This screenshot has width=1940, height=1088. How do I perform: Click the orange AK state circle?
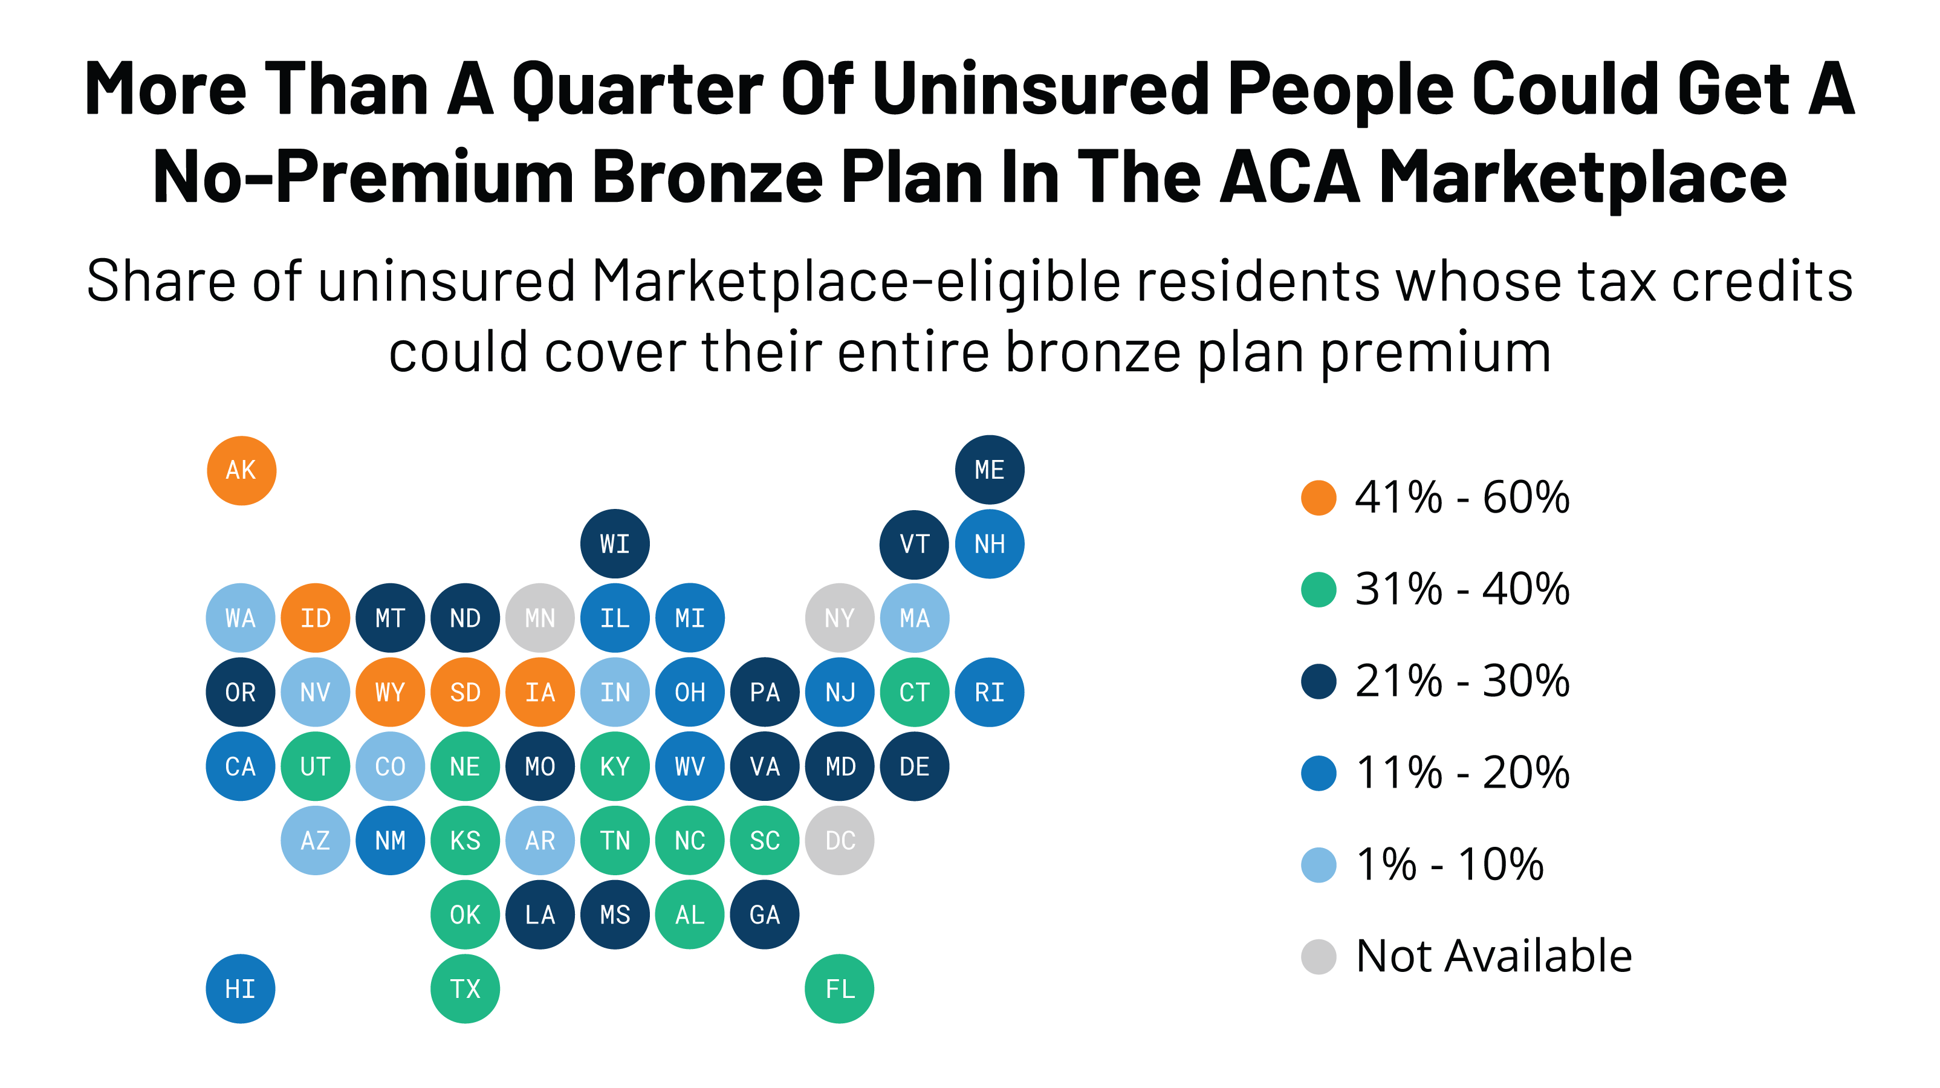pyautogui.click(x=241, y=471)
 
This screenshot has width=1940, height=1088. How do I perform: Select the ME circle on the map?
pyautogui.click(x=989, y=470)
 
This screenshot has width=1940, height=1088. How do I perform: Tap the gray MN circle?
pyautogui.click(x=540, y=618)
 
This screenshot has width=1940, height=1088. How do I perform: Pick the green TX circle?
pyautogui.click(x=465, y=989)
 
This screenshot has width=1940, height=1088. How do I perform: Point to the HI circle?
pyautogui.click(x=240, y=989)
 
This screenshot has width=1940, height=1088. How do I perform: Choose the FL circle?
pyautogui.click(x=839, y=989)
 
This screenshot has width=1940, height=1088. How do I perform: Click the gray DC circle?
pyautogui.click(x=839, y=840)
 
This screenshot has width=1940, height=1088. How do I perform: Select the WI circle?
pyautogui.click(x=615, y=543)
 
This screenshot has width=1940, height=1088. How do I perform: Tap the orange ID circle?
pyautogui.click(x=316, y=618)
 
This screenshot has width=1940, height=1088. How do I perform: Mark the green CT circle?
pyautogui.click(x=914, y=692)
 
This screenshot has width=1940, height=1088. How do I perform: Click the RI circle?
pyautogui.click(x=989, y=692)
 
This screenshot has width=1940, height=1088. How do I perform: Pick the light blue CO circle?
pyautogui.click(x=390, y=766)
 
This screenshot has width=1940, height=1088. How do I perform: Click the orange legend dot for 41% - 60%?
pyautogui.click(x=1318, y=497)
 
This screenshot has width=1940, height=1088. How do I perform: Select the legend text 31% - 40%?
pyautogui.click(x=1461, y=589)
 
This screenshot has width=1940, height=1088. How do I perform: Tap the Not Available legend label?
pyautogui.click(x=1493, y=956)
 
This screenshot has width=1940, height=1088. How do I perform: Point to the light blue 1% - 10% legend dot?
pyautogui.click(x=1318, y=865)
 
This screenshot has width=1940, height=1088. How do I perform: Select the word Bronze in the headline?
pyautogui.click(x=707, y=178)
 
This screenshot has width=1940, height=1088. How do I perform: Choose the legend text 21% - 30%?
pyautogui.click(x=1461, y=681)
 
